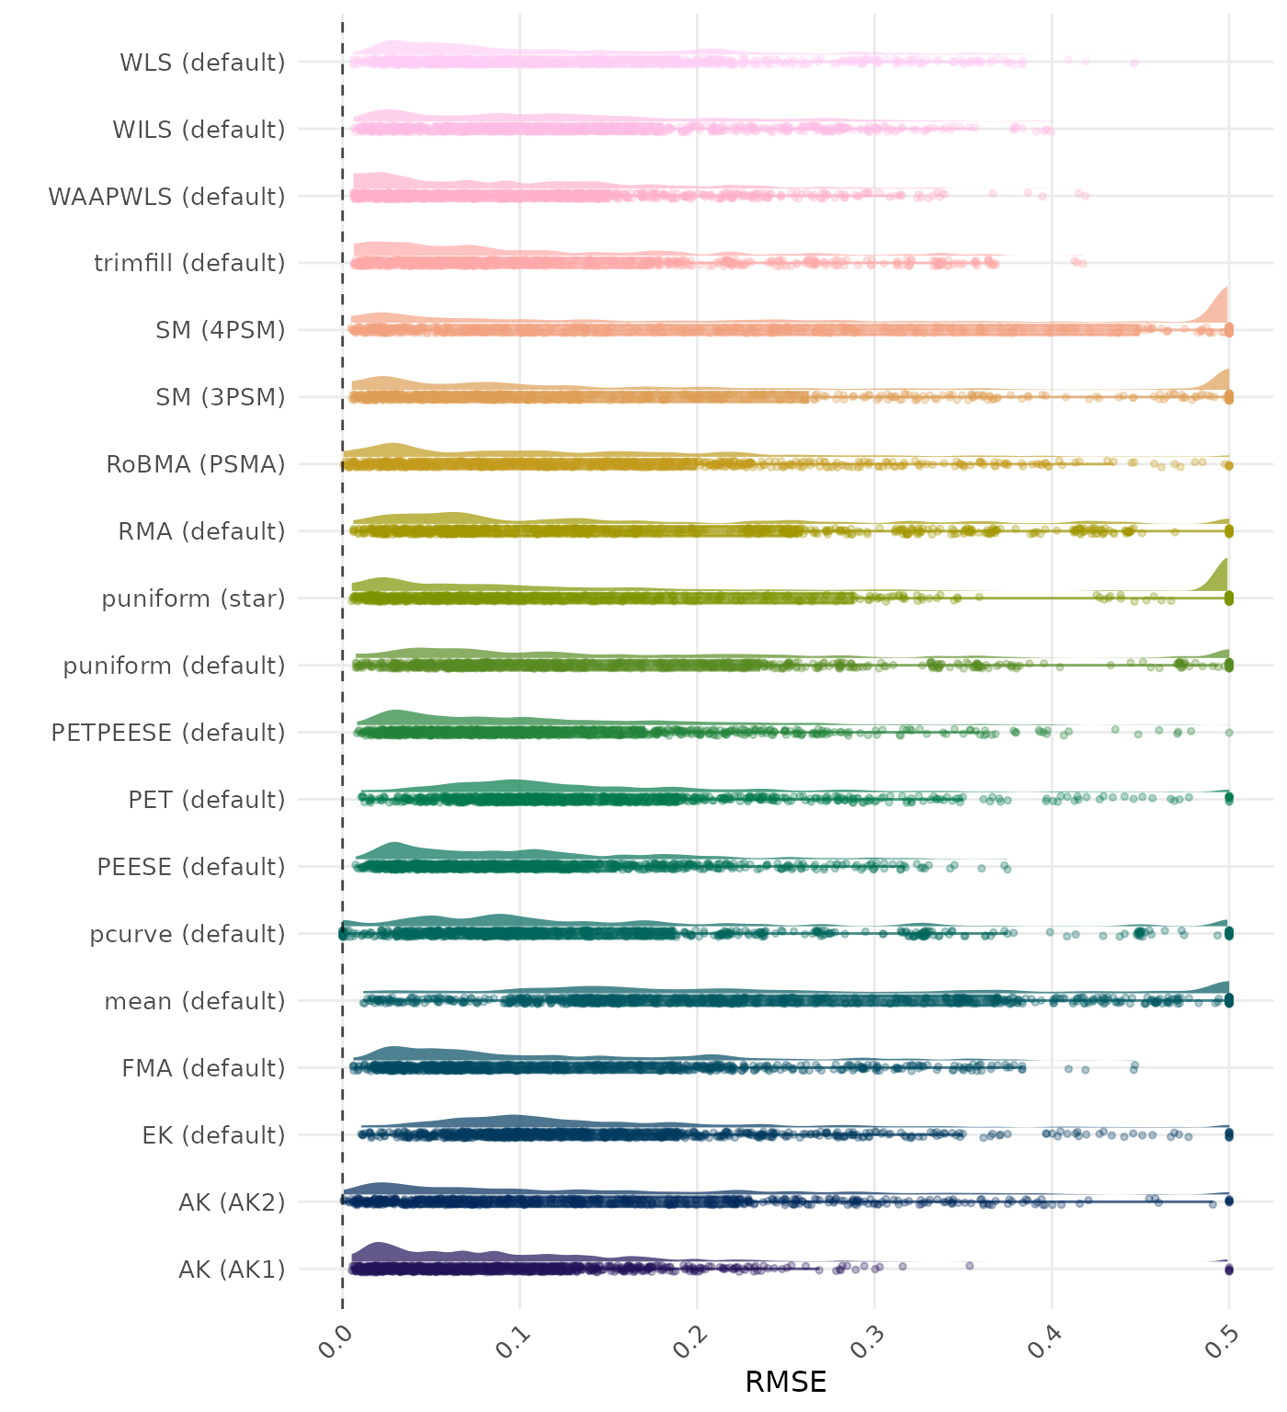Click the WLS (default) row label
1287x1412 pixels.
tap(202, 63)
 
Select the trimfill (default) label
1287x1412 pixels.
tap(189, 263)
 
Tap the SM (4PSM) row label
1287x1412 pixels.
tap(221, 330)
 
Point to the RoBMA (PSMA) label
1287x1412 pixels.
tap(195, 464)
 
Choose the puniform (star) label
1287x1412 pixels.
tap(193, 598)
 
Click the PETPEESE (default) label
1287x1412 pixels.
tap(168, 733)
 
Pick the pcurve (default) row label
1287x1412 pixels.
tap(188, 934)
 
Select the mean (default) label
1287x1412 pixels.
tap(195, 1001)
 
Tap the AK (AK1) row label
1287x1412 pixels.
tap(232, 1270)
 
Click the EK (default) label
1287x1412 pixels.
tap(213, 1135)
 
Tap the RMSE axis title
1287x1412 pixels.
tap(785, 1382)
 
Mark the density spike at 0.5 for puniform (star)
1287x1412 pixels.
tap(1221, 575)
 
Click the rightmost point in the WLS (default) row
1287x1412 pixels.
tap(1134, 63)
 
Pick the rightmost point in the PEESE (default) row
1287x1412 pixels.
tap(1007, 868)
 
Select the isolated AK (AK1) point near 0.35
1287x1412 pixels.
tap(969, 1266)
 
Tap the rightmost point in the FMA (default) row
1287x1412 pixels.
tap(1135, 1065)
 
